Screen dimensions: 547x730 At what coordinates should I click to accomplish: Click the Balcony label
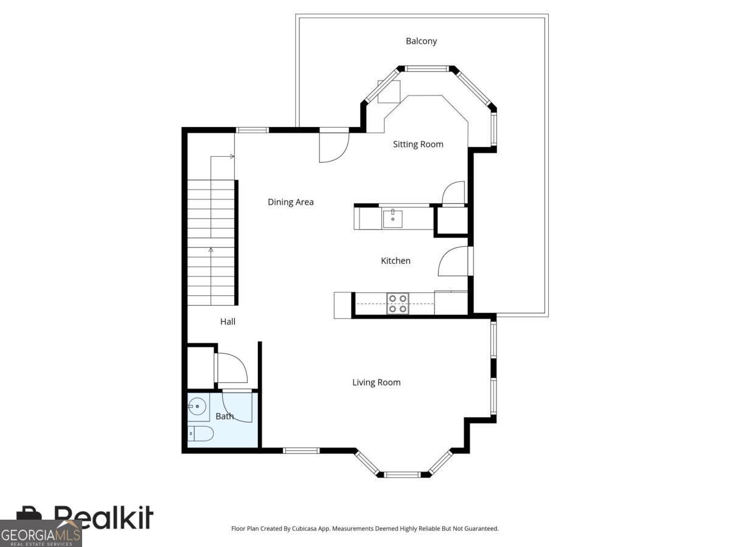click(421, 41)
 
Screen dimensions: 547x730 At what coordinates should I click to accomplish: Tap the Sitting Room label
click(418, 144)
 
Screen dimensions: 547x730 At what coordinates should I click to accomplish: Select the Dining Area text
click(291, 202)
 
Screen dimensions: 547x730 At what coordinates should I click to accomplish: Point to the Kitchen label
click(395, 261)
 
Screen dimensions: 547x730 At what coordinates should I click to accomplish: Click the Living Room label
click(377, 382)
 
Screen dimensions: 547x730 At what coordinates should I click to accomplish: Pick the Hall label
click(228, 322)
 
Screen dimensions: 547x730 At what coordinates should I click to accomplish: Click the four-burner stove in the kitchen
click(398, 303)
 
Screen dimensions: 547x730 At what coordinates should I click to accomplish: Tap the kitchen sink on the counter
click(393, 217)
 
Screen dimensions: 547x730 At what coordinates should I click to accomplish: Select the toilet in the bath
click(201, 433)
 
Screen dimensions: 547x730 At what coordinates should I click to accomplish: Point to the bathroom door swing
click(237, 407)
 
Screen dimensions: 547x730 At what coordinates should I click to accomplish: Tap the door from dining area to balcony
click(333, 147)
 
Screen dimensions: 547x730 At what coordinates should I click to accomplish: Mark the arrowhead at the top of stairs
click(232, 156)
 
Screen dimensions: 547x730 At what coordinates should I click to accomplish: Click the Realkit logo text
click(103, 518)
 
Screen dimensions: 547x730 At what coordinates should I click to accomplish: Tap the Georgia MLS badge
click(41, 534)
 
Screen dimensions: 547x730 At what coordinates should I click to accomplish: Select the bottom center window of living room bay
click(402, 474)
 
